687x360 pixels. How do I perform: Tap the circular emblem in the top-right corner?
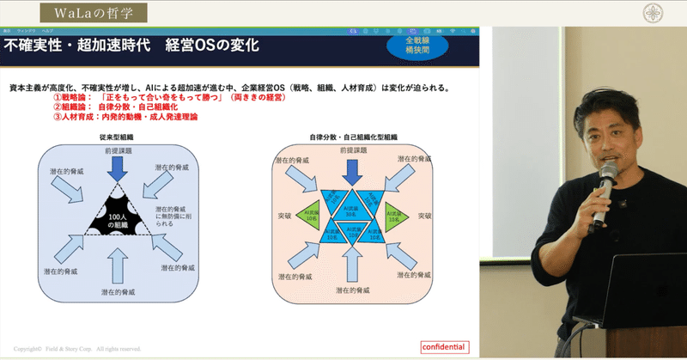point(658,13)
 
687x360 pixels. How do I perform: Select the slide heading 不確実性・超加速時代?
point(76,45)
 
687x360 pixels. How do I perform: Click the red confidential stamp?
point(444,347)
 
